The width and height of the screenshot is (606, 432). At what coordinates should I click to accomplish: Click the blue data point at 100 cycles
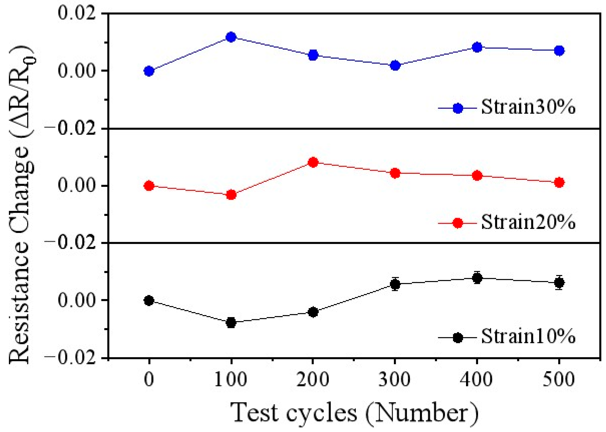pyautogui.click(x=231, y=37)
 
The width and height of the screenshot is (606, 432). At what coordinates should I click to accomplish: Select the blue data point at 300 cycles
pyautogui.click(x=395, y=65)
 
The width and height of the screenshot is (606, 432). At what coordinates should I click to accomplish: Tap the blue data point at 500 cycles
pyautogui.click(x=559, y=50)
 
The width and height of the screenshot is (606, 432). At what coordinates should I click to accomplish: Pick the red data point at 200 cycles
pyautogui.click(x=313, y=162)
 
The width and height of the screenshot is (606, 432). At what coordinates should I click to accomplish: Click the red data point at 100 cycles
pyautogui.click(x=231, y=195)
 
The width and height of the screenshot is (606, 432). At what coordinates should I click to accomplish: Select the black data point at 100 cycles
pyautogui.click(x=231, y=323)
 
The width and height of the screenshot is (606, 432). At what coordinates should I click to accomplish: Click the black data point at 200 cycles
pyautogui.click(x=313, y=312)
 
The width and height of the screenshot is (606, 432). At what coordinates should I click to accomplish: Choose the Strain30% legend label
pyautogui.click(x=528, y=107)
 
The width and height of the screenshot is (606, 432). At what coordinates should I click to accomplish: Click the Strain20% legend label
pyautogui.click(x=528, y=222)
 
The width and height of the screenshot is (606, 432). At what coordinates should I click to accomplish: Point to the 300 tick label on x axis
pyautogui.click(x=395, y=380)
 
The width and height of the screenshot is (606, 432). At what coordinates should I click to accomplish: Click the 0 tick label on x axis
pyautogui.click(x=149, y=380)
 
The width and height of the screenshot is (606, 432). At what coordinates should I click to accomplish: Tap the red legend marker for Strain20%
pyautogui.click(x=458, y=223)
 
